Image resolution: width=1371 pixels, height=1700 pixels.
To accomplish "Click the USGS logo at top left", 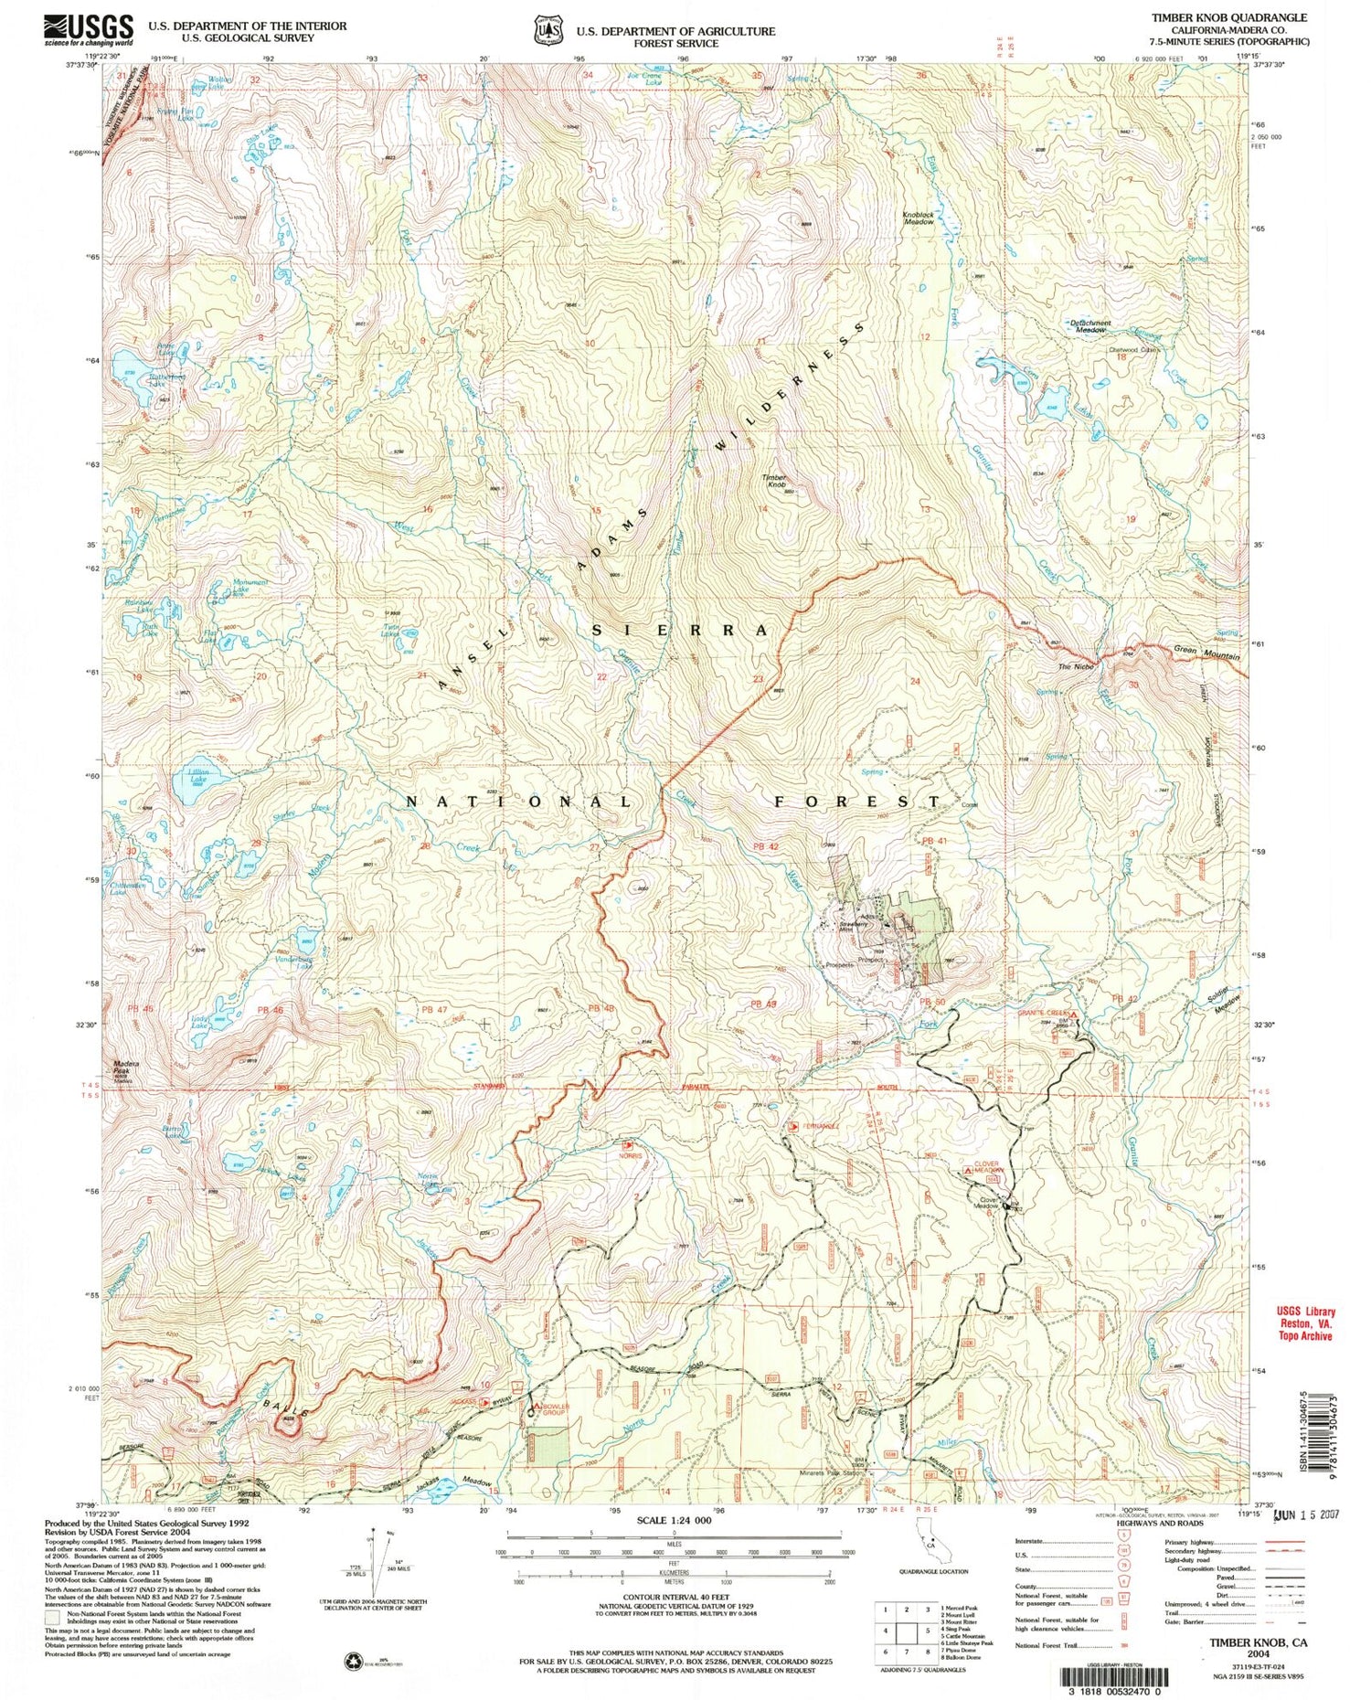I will (89, 30).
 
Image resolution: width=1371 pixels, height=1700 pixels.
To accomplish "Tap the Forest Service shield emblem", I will (548, 29).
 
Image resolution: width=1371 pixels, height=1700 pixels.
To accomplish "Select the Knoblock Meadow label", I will (919, 218).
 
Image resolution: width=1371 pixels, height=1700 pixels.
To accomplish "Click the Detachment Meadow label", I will (1090, 325).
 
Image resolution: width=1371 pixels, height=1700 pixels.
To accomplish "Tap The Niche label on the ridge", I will (1075, 666).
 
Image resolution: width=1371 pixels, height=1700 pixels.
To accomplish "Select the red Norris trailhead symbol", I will (627, 1143).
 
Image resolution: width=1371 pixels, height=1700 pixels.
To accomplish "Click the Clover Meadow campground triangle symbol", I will (968, 1169).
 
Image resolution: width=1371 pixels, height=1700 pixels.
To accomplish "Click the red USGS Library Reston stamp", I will (1304, 1323).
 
